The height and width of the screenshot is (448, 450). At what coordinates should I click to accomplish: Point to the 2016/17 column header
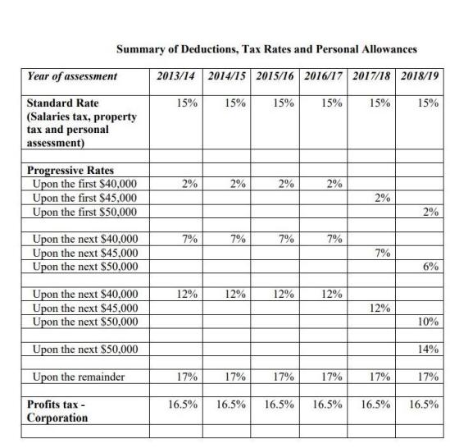click(x=323, y=77)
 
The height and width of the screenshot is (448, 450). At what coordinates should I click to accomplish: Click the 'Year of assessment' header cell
click(x=72, y=77)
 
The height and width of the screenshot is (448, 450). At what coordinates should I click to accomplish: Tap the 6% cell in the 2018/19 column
click(x=426, y=267)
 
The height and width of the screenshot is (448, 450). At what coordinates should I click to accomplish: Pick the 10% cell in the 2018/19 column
click(x=425, y=322)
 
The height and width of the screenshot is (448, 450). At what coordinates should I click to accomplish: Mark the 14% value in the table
click(x=425, y=350)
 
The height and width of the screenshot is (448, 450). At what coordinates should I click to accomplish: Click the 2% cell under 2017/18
click(x=378, y=199)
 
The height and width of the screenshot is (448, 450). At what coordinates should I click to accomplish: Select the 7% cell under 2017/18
click(x=378, y=253)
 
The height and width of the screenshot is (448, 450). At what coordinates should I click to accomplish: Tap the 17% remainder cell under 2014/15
click(x=233, y=377)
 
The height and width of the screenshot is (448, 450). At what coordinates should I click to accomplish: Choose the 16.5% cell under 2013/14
click(x=182, y=405)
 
